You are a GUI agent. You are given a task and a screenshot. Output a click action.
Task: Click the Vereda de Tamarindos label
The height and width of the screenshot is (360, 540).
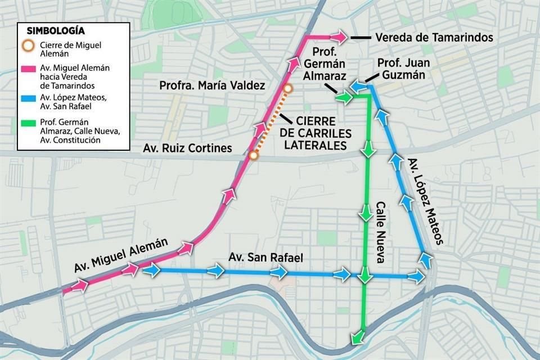tap(434, 38)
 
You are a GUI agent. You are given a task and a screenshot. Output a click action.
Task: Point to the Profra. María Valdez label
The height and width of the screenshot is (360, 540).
tap(211, 86)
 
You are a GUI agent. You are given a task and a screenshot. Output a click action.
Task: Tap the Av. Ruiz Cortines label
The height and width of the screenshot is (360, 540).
tap(187, 148)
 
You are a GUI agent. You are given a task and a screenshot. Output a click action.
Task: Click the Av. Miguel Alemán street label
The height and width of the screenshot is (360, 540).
tap(121, 255)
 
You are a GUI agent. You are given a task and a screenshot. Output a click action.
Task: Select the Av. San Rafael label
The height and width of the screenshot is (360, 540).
tap(265, 258)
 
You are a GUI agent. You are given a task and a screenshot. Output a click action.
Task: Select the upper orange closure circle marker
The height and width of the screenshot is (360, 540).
tap(289, 89)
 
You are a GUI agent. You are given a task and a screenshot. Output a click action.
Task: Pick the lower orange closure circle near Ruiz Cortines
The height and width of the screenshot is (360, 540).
tap(254, 155)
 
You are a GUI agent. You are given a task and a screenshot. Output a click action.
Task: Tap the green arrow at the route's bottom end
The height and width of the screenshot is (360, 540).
tap(356, 337)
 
